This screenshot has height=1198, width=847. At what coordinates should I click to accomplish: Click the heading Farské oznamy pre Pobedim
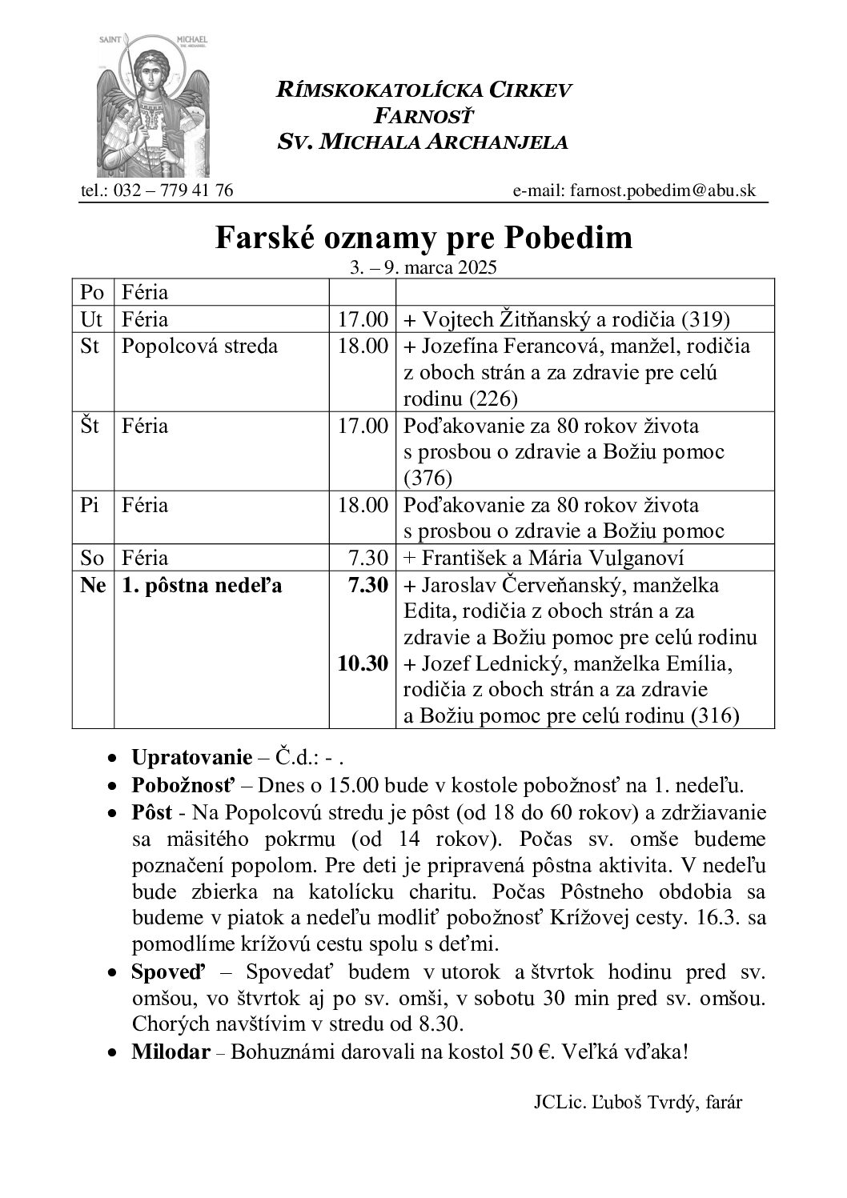tap(423, 238)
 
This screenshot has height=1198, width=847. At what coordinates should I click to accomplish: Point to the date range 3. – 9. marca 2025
tap(423, 268)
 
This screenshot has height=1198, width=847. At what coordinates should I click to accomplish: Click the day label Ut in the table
tap(92, 319)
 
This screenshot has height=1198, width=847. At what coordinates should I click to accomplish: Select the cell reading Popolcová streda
tap(199, 346)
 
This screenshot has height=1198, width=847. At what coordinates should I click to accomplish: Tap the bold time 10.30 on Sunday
tap(363, 663)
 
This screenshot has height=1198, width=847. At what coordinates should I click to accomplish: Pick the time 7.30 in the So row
tap(371, 557)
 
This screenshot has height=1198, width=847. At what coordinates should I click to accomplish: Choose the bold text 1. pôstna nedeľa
tap(202, 585)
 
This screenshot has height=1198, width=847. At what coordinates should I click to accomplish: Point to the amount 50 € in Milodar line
tap(528, 1051)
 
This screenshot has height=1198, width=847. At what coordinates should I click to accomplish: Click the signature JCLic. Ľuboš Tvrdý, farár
tap(637, 1102)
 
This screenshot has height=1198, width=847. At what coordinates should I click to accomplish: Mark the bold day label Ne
tap(93, 585)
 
